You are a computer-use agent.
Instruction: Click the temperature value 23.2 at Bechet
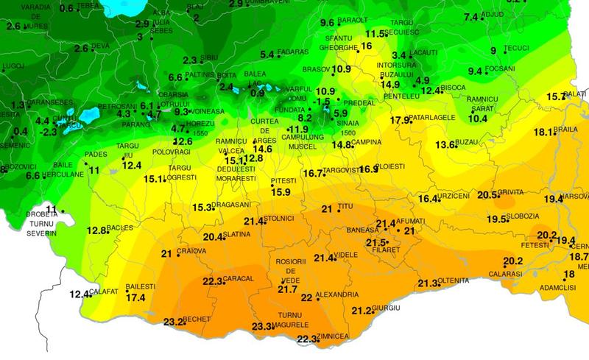pos(173,322)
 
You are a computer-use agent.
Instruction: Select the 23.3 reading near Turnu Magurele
pos(261,327)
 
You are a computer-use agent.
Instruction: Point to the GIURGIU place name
pos(387,307)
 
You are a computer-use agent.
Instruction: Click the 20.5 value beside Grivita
pos(487,195)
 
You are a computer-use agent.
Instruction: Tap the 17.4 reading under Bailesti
pos(135,298)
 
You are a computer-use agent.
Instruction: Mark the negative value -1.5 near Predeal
pos(321,102)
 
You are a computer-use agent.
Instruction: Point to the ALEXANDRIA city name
pos(337,294)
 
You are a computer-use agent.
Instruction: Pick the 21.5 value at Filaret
pos(376,243)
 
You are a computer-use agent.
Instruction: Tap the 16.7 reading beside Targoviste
pos(313,174)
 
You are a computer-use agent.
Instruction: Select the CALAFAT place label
pos(106,292)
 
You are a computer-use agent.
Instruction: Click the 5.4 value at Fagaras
pos(267,54)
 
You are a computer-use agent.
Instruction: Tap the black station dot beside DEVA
pos(91,49)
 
